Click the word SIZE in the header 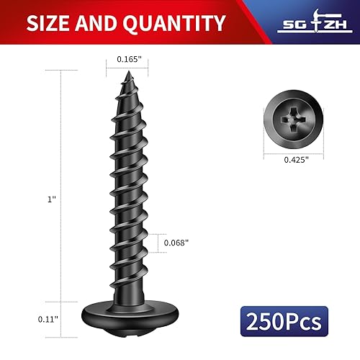pyautogui.click(x=51, y=24)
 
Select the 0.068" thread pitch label pyautogui.click(x=176, y=243)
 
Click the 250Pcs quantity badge pyautogui.click(x=286, y=319)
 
